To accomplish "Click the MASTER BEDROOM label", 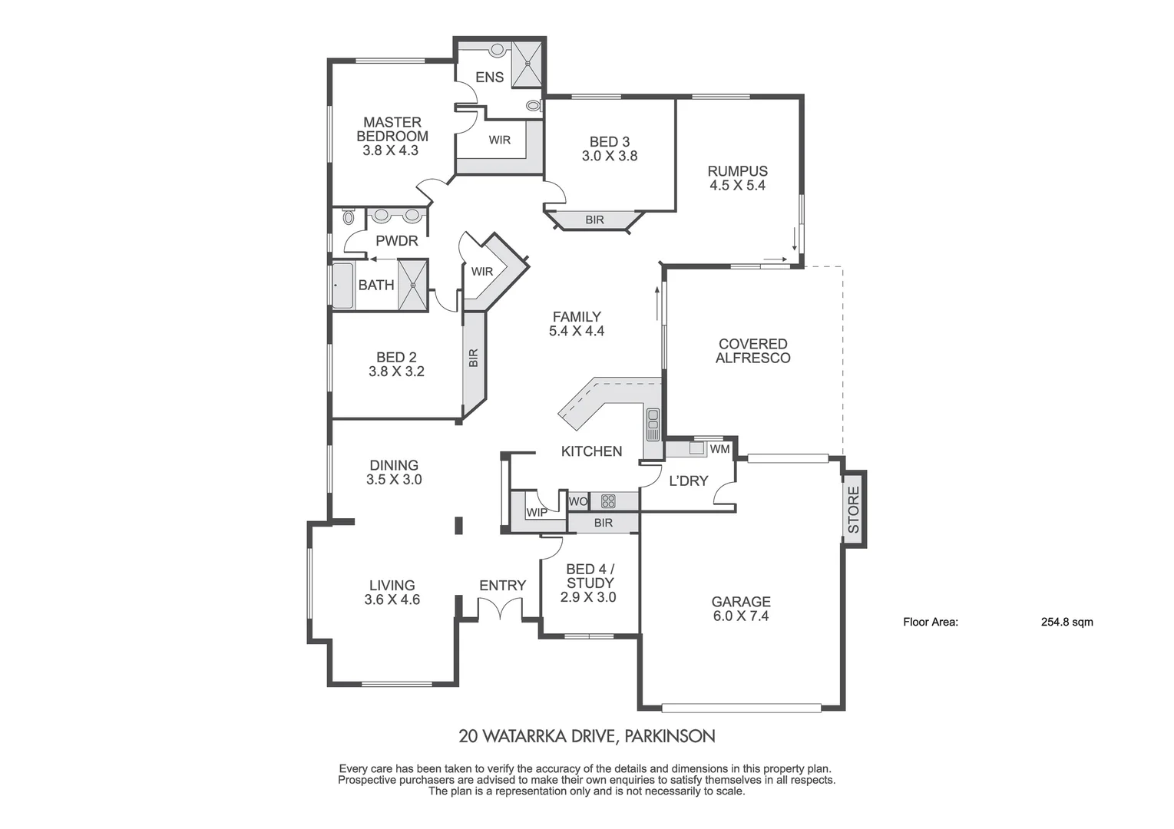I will pos(392,129).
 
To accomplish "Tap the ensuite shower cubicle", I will pos(527,63).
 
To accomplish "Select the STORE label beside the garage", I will pos(853,510).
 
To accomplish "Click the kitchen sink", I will pos(653,424).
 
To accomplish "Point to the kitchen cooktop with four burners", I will pos(608,501).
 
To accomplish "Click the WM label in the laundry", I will pos(719,449).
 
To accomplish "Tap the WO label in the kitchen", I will pos(577,501).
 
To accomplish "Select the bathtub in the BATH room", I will pos(342,286).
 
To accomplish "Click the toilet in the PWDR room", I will pos(349,217).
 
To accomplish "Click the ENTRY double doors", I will pos(501,609).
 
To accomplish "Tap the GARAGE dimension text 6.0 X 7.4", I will pos(740,616).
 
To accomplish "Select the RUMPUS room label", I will pos(737,171).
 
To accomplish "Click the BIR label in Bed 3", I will pos(594,220).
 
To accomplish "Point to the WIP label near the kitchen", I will pos(536,512).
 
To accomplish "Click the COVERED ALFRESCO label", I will pos(752,351).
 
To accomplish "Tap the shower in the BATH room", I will pos(412,285).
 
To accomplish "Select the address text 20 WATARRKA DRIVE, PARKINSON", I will pos(587,736).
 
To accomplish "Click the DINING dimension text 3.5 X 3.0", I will pos(394,479).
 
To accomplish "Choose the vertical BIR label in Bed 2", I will pos(473,358).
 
